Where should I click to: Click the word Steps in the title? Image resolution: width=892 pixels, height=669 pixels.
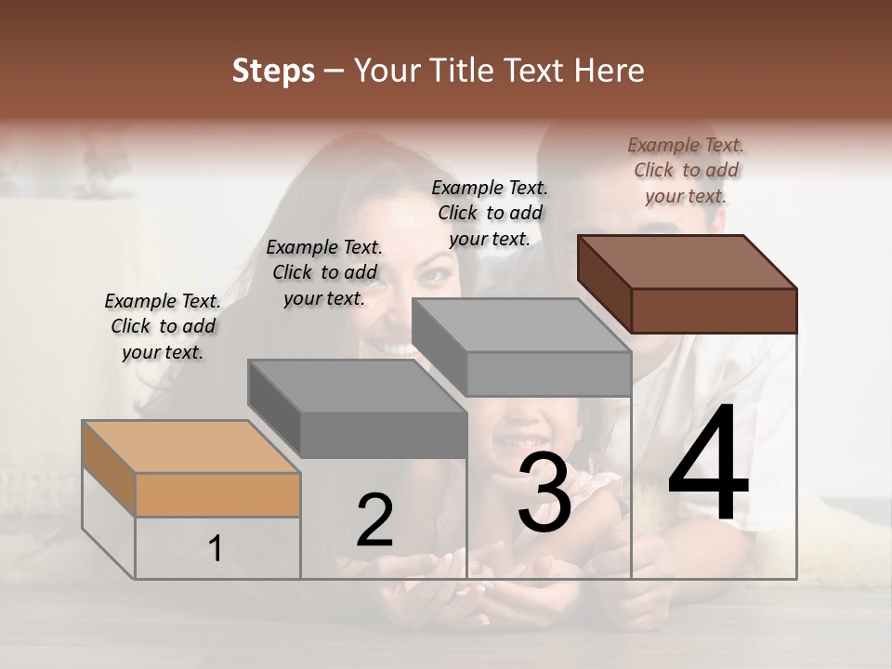(273, 72)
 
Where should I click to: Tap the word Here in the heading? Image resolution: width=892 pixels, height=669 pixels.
(609, 71)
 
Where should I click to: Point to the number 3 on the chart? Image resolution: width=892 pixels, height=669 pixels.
(544, 492)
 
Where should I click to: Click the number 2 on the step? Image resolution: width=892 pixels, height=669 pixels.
(374, 520)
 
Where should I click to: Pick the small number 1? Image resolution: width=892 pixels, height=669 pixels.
(216, 549)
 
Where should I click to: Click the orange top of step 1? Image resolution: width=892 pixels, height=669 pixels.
(190, 447)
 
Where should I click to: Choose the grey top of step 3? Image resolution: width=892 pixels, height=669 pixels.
(520, 325)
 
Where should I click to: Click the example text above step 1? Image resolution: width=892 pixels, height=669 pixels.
(163, 326)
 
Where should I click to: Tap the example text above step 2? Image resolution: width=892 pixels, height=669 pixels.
(324, 272)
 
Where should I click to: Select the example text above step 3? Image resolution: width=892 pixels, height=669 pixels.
(490, 213)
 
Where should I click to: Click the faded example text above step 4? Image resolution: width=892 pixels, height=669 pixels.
(686, 170)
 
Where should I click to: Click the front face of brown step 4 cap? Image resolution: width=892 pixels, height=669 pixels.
(714, 310)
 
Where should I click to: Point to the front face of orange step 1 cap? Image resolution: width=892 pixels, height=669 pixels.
(217, 494)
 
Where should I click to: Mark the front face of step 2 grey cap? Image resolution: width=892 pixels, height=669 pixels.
(383, 435)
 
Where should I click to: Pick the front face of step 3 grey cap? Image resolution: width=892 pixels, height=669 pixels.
(548, 374)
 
